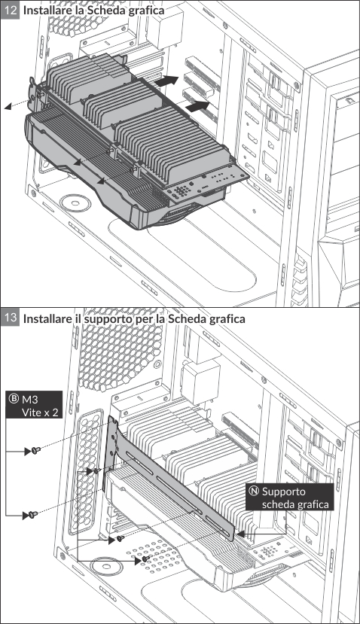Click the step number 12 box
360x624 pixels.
click(10, 9)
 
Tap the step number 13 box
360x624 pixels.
click(10, 317)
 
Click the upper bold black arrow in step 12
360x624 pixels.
click(166, 81)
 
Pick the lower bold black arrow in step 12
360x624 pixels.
click(197, 106)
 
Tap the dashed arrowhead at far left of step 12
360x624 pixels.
click(8, 107)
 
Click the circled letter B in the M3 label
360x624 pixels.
click(14, 399)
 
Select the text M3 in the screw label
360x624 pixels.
click(30, 399)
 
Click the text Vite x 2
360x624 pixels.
click(40, 412)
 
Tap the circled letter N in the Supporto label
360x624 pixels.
click(253, 491)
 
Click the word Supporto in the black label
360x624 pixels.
click(283, 492)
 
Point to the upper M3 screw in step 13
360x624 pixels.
click(36, 450)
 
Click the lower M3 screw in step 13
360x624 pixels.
click(33, 515)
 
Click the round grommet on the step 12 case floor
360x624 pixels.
click(75, 203)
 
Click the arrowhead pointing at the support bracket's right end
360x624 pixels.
click(240, 534)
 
